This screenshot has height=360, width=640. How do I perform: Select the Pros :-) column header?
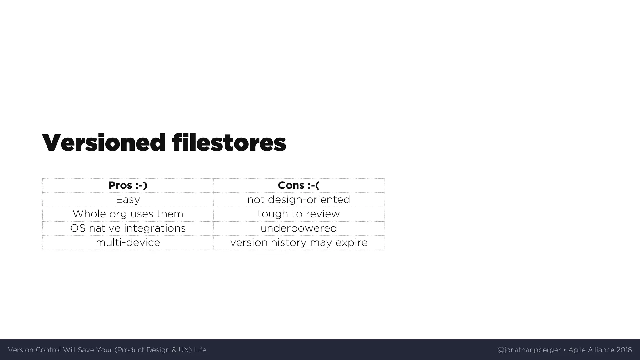(x=128, y=185)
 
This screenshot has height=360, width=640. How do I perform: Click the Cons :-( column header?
(x=299, y=185)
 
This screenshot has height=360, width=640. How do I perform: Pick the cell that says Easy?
(x=128, y=200)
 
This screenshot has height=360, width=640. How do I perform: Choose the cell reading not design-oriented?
(x=299, y=200)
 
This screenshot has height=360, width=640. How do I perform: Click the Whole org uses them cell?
(x=128, y=214)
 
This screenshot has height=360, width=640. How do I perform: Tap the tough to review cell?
(x=299, y=214)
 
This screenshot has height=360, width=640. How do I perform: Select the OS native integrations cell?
(x=128, y=228)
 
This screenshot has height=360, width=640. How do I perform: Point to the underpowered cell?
(x=299, y=228)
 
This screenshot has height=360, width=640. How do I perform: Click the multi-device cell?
(x=128, y=242)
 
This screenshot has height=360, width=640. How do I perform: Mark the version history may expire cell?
(x=299, y=242)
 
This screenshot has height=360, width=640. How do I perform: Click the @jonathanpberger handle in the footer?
(x=529, y=350)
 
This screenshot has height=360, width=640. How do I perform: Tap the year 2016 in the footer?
(x=624, y=350)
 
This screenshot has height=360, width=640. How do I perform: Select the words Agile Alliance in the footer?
(x=591, y=350)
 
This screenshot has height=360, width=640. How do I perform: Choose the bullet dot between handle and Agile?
(x=565, y=350)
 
